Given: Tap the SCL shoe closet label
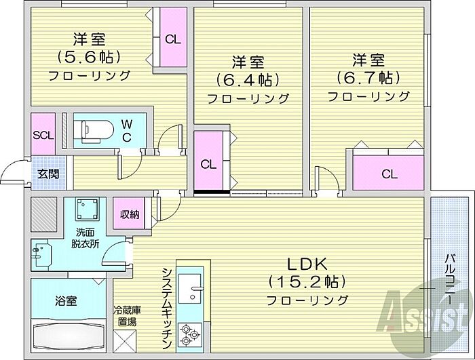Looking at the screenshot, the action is click(43, 136).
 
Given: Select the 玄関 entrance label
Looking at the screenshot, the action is click(48, 174).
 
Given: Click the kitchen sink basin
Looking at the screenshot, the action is click(190, 289).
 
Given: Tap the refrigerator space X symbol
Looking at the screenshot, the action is click(124, 341).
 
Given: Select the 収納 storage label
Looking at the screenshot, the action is click(130, 214).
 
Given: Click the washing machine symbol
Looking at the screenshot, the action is click(88, 209).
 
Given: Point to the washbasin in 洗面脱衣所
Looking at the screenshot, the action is click(41, 254).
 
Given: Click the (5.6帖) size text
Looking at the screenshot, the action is click(89, 57).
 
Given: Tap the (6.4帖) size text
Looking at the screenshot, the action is click(248, 80).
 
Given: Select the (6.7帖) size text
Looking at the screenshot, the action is click(368, 78).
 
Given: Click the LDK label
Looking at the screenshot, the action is click(307, 264).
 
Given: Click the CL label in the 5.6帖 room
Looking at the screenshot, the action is click(172, 39).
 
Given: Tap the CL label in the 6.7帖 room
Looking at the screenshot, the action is click(389, 174).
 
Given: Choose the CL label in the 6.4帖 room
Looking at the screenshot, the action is click(208, 165).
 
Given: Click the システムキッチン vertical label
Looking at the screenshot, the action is click(168, 308).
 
